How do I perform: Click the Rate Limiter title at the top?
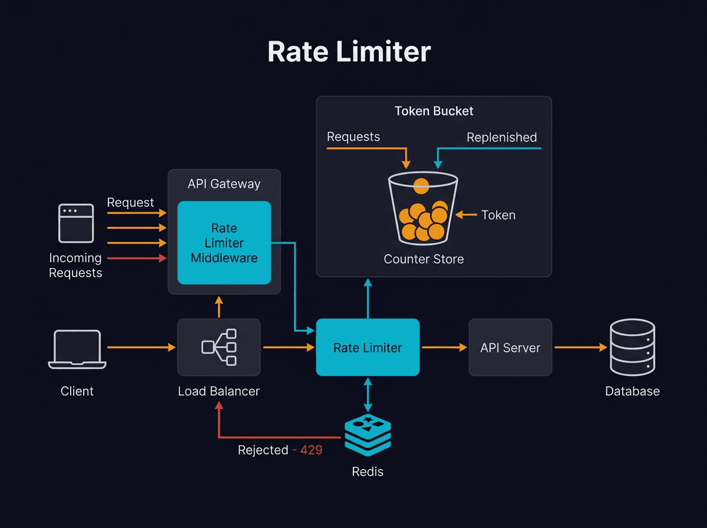click(x=349, y=52)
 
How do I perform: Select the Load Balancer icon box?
click(x=219, y=347)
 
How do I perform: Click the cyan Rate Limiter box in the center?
click(x=368, y=348)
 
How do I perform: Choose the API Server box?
click(x=510, y=348)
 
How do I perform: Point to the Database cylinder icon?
click(x=632, y=347)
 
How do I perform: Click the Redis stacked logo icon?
click(x=368, y=435)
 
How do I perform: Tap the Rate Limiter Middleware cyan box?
click(x=224, y=243)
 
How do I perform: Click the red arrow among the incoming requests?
click(x=137, y=258)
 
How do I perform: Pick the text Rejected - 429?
click(x=280, y=450)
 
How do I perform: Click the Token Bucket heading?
click(x=434, y=111)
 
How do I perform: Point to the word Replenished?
click(x=501, y=137)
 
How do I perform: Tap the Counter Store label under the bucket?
click(x=424, y=259)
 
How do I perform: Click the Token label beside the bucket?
click(x=498, y=215)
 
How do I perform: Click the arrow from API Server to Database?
click(x=580, y=348)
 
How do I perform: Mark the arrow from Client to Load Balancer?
click(x=141, y=348)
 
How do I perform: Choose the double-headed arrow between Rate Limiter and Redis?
click(x=368, y=395)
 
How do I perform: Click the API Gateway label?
click(x=224, y=184)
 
